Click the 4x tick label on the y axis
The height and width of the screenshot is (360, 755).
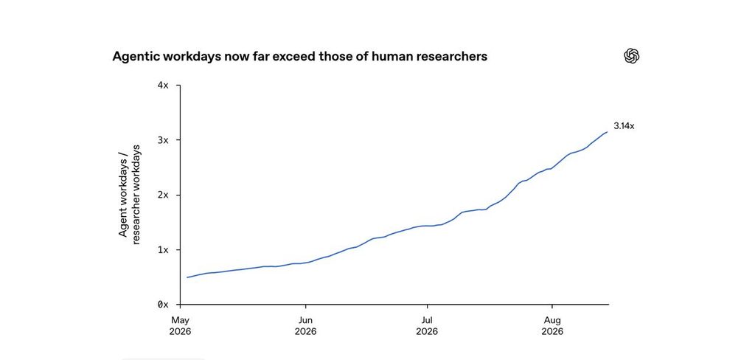(163, 86)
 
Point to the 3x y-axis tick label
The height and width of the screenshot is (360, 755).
(163, 140)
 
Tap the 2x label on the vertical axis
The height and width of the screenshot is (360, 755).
(163, 195)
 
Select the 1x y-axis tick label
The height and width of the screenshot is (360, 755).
(163, 250)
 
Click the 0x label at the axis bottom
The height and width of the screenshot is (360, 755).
(163, 305)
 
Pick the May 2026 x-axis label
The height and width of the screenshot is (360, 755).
(180, 326)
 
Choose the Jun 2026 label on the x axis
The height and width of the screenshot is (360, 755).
(305, 326)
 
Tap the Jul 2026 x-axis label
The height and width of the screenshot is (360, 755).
(427, 326)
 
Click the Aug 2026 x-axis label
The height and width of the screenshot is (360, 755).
(552, 326)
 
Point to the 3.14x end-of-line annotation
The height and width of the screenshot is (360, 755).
(624, 126)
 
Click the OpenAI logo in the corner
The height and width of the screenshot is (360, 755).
(631, 56)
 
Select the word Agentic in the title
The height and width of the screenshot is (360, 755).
(136, 57)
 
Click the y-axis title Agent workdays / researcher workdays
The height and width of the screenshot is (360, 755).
(130, 195)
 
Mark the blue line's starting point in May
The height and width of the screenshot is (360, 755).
(187, 277)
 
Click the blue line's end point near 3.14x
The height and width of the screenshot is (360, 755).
(608, 131)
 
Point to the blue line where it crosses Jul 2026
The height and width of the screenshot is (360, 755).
(427, 226)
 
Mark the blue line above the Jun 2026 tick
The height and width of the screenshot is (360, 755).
(305, 263)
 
